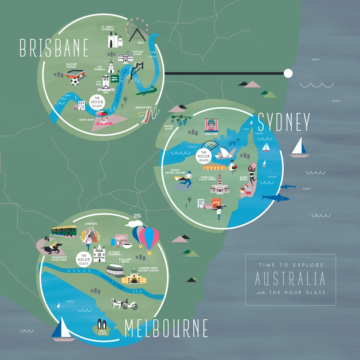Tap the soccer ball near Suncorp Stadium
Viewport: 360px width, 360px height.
[75, 82]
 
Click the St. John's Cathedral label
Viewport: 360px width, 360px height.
[108, 28]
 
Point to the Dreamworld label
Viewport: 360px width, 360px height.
[143, 108]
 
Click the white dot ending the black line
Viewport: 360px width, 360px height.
[288, 73]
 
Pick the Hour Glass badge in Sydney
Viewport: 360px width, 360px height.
[203, 156]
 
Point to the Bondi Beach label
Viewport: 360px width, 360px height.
[244, 178]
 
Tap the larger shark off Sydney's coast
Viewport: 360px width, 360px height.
[275, 198]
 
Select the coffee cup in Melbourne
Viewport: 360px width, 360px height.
[127, 246]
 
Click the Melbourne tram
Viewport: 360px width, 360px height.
[64, 231]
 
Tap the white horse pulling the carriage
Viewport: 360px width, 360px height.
[116, 303]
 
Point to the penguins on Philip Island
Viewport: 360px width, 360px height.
[101, 324]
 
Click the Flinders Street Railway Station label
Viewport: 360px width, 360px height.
[148, 270]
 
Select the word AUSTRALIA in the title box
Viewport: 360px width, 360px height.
[290, 279]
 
